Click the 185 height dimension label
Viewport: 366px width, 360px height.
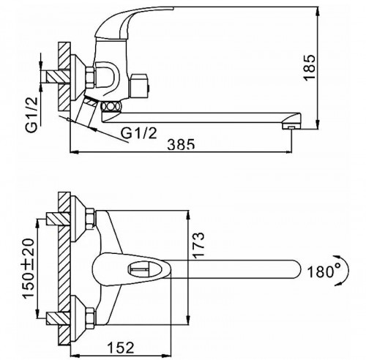point(310,67)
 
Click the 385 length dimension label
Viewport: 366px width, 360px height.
point(181,145)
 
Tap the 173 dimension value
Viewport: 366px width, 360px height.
point(198,245)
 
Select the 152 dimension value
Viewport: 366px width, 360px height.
point(121,348)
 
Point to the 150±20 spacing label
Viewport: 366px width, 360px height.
point(29,268)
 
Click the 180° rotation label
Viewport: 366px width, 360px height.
point(324,271)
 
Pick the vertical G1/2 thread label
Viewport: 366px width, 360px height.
point(32,115)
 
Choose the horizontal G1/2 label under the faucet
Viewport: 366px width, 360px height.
point(139,133)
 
